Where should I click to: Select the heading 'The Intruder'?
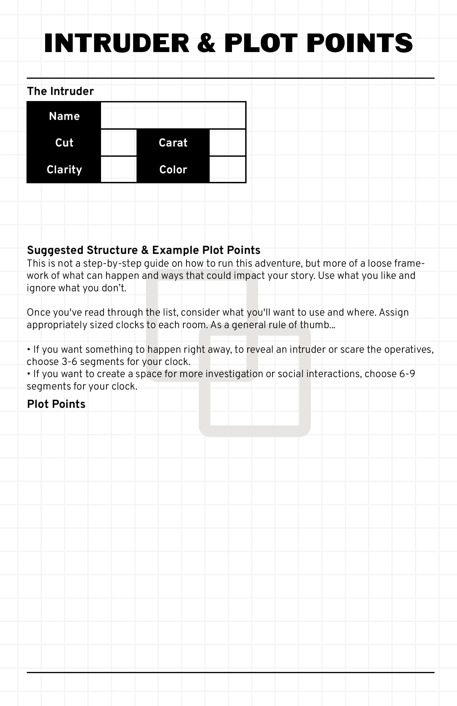pyautogui.click(x=60, y=91)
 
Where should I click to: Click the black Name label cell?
pyautogui.click(x=64, y=116)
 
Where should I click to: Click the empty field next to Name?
pyautogui.click(x=173, y=116)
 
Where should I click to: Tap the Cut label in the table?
pyautogui.click(x=64, y=143)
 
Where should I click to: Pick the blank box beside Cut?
pyautogui.click(x=119, y=143)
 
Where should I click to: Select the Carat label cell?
pyautogui.click(x=173, y=143)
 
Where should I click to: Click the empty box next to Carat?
pyautogui.click(x=227, y=143)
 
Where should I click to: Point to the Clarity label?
pyautogui.click(x=64, y=169)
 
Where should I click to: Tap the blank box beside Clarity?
pyautogui.click(x=119, y=169)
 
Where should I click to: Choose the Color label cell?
pyautogui.click(x=173, y=169)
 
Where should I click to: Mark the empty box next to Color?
pyautogui.click(x=227, y=169)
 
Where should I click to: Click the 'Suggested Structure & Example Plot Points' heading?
pyautogui.click(x=144, y=250)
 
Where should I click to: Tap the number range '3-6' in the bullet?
pyautogui.click(x=70, y=362)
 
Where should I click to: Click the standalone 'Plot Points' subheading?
pyautogui.click(x=56, y=404)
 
